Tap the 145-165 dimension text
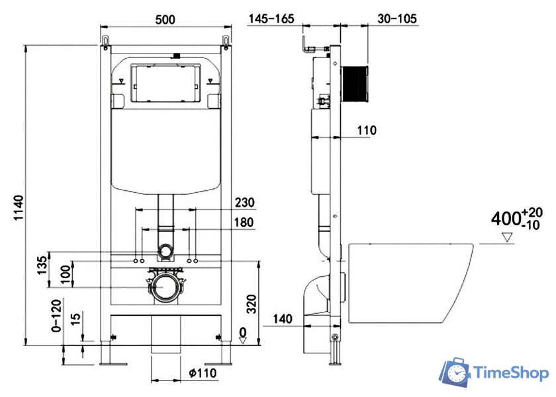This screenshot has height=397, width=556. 271,19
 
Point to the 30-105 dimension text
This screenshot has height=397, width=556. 397,19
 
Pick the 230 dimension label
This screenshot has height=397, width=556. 244,202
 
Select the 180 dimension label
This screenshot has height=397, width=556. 244,223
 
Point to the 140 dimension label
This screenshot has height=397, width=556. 282,319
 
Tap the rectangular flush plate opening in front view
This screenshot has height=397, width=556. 164,83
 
